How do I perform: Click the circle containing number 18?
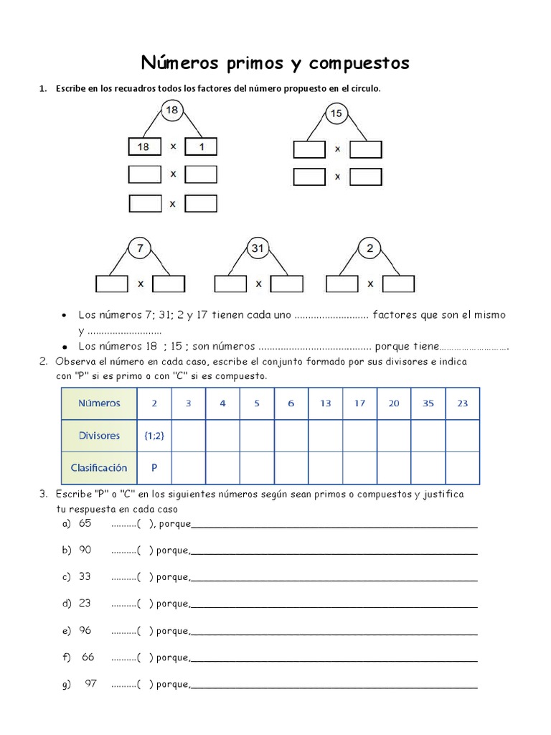click(x=171, y=111)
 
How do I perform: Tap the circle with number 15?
click(x=336, y=113)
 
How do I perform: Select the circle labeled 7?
click(x=140, y=248)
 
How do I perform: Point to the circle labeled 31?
click(x=257, y=248)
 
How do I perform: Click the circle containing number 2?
click(x=369, y=248)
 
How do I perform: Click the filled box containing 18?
click(x=144, y=147)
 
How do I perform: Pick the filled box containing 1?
click(x=201, y=147)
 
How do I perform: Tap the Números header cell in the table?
click(x=99, y=403)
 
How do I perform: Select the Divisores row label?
click(x=99, y=435)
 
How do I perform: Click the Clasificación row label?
click(x=99, y=467)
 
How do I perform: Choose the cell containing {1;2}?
click(x=154, y=435)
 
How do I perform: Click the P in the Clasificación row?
click(x=154, y=467)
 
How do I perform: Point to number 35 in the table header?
click(x=428, y=403)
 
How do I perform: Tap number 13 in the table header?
click(x=326, y=403)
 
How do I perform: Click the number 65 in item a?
click(x=85, y=523)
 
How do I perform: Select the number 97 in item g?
click(x=90, y=683)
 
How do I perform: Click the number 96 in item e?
click(x=85, y=630)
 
